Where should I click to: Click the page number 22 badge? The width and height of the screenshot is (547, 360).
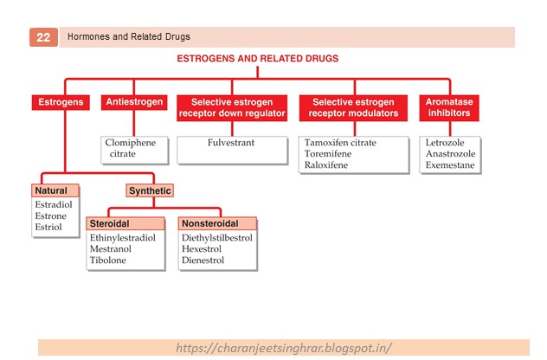click(42, 37)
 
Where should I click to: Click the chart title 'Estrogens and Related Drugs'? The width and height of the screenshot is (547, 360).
click(257, 59)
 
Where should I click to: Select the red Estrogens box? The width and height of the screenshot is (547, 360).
click(60, 102)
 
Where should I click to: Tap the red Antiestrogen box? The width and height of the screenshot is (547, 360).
click(133, 102)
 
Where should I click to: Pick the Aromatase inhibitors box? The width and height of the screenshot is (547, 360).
click(450, 107)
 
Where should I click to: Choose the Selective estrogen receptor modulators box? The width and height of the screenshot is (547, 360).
click(354, 107)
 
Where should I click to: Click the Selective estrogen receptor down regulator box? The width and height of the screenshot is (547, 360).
click(231, 107)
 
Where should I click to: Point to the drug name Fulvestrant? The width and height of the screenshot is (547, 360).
click(231, 143)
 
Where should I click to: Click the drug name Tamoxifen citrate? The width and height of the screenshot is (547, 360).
click(340, 143)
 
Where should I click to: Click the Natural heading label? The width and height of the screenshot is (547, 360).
click(49, 190)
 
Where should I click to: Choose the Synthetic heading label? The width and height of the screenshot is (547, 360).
click(149, 190)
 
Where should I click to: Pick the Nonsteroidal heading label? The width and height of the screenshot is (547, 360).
click(210, 223)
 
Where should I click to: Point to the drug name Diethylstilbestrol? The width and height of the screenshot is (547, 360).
click(216, 237)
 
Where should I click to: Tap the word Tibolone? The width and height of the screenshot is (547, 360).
click(108, 260)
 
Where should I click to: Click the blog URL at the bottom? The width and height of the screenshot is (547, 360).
click(284, 348)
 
